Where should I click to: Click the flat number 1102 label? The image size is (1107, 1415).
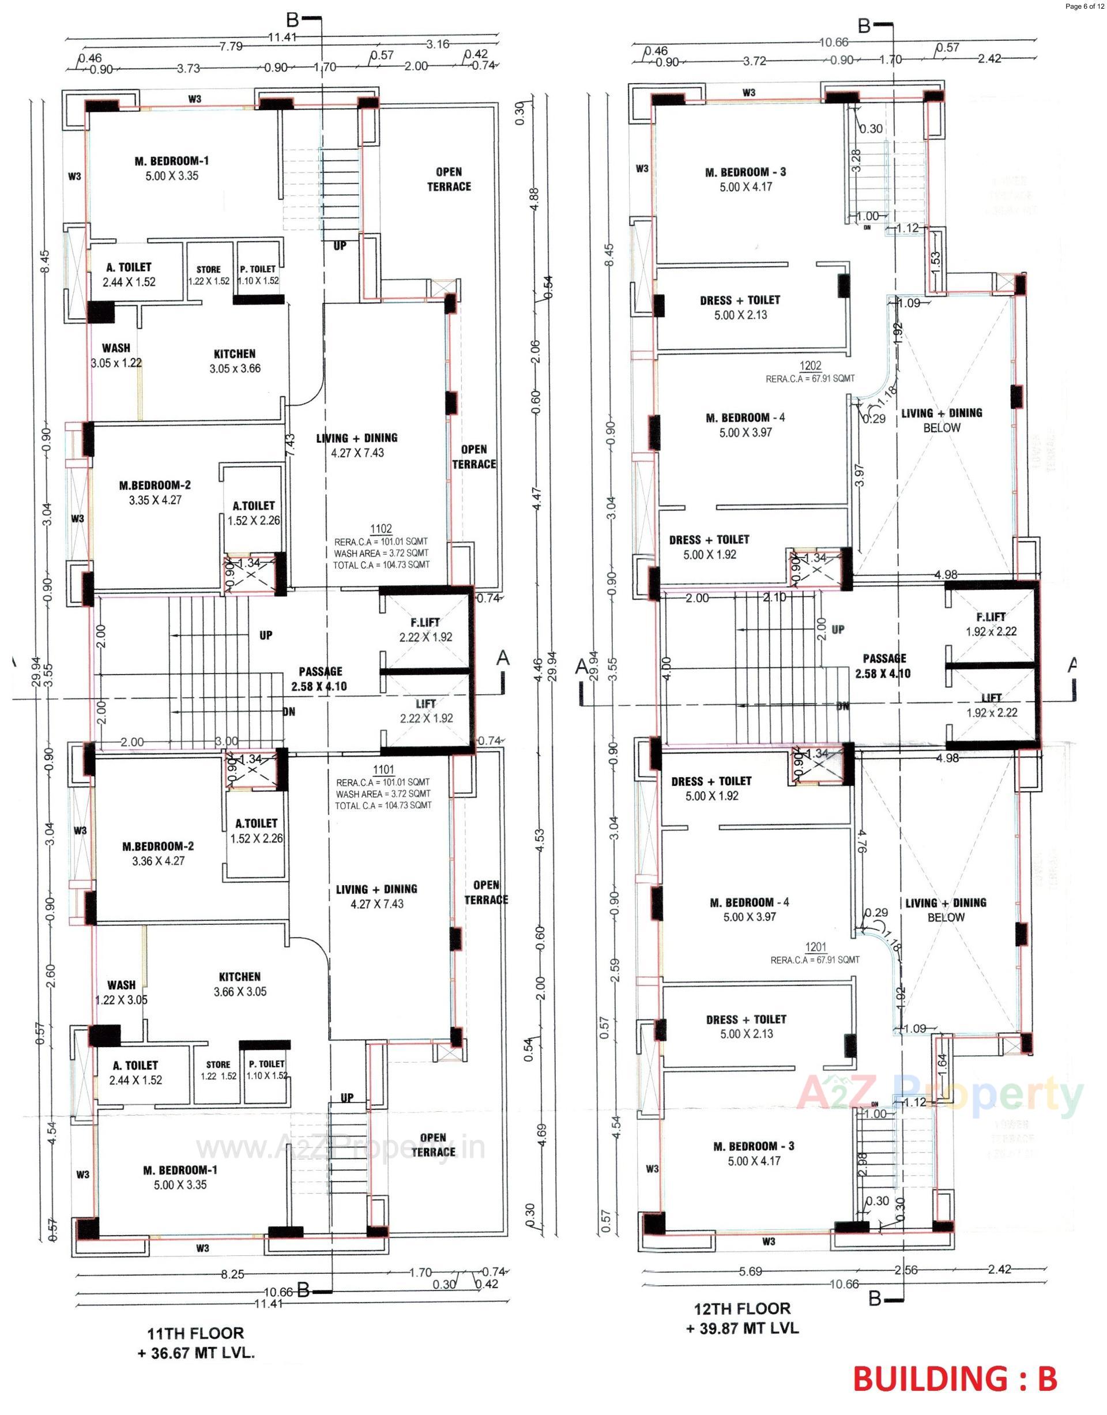tap(381, 528)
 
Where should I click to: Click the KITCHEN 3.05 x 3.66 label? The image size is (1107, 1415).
tap(235, 361)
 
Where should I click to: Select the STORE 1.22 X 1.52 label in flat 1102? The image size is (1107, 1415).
tap(208, 275)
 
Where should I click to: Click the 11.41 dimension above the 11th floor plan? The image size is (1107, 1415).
tap(282, 37)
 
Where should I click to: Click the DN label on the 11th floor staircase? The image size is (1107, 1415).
tap(289, 711)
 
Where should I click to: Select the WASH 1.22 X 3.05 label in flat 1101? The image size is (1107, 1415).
tap(121, 992)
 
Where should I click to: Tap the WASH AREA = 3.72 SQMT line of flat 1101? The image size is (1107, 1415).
tap(382, 794)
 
